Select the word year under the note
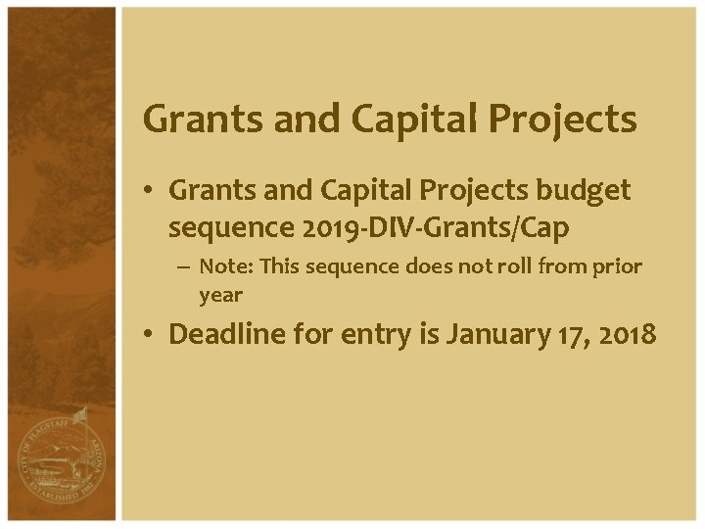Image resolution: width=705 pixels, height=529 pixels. pyautogui.click(x=220, y=294)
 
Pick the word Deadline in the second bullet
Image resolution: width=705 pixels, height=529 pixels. pyautogui.click(x=232, y=334)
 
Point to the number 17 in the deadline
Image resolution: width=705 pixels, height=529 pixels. pyautogui.click(x=569, y=334)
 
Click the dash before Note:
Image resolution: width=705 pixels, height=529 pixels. pyautogui.click(x=185, y=266)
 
